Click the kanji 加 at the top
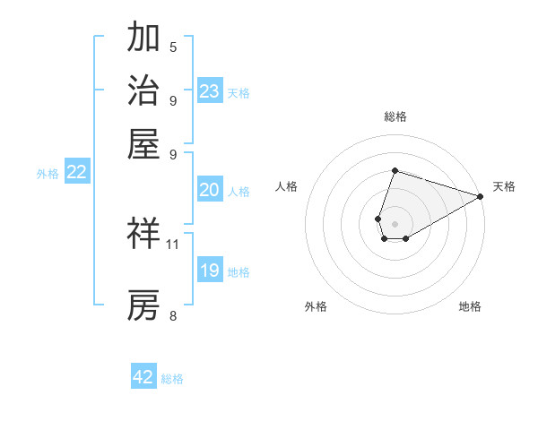(144, 38)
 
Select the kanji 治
(144, 90)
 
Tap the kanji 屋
(144, 143)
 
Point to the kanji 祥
(144, 235)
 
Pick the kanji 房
(144, 305)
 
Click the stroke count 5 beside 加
(173, 47)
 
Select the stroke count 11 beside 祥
(173, 244)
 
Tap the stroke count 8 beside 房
(173, 315)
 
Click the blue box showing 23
(210, 91)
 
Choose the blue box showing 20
(210, 190)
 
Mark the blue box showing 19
(210, 271)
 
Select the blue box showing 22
(76, 173)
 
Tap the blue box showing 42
(143, 377)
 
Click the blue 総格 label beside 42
(172, 379)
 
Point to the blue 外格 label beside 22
(47, 174)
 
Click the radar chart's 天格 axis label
(504, 186)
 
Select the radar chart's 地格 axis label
(470, 306)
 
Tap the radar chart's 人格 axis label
(287, 186)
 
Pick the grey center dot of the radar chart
(395, 223)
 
